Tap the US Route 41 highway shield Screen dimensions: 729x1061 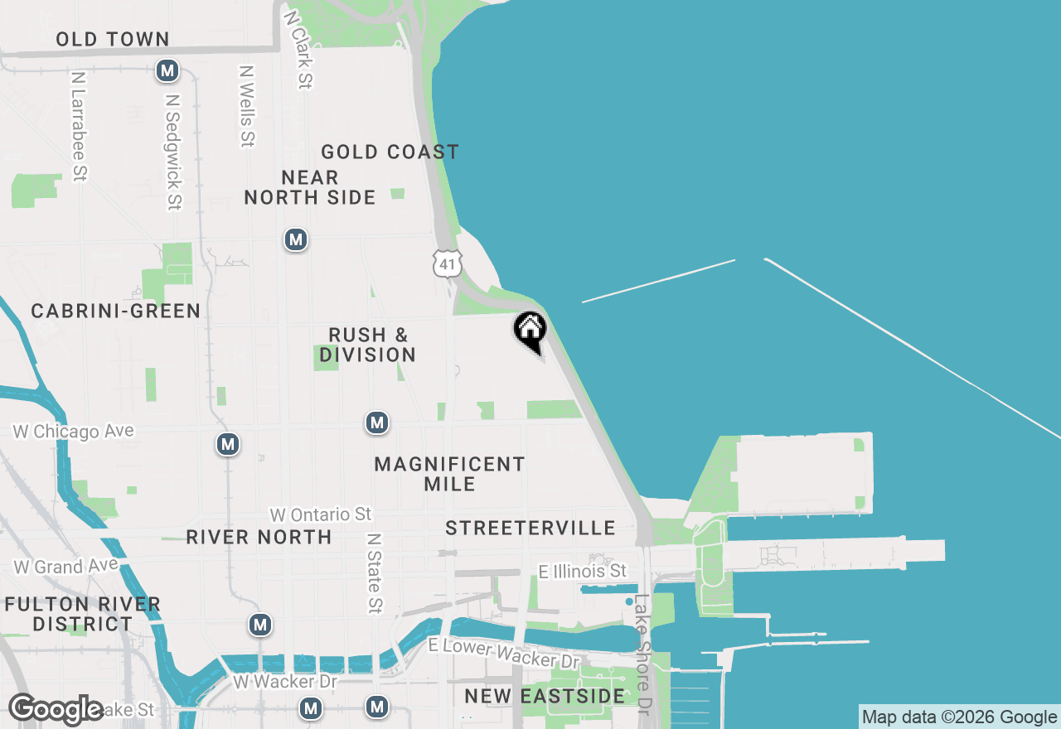447,263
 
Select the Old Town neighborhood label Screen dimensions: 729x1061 113,39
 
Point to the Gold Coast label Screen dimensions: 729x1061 390,152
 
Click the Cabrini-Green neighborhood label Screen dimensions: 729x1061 115,311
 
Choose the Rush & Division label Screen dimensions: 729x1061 368,345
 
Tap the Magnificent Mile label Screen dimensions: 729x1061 449,474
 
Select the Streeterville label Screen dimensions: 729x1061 530,528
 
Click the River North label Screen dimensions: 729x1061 259,537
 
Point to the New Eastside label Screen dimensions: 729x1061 545,696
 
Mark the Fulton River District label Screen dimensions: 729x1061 82,614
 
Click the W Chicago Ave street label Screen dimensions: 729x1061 73,432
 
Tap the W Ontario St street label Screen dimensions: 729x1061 320,514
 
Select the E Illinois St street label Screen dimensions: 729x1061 582,572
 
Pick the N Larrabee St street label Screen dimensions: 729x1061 80,126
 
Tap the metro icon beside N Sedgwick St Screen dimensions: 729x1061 167,71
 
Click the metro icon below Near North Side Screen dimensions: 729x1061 295,240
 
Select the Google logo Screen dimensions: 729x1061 56,710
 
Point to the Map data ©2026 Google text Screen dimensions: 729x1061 959,717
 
